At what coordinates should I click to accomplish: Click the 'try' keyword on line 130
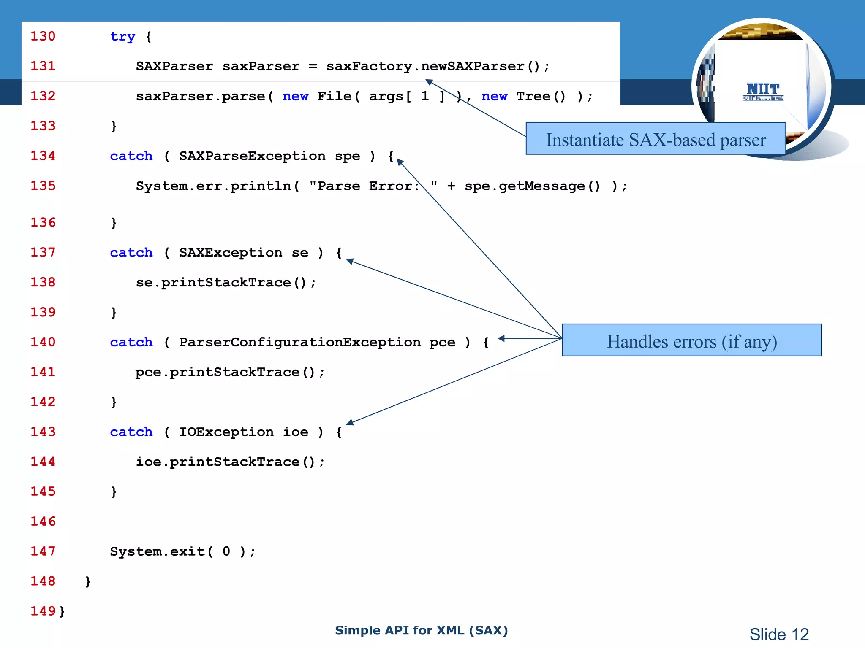[122, 37]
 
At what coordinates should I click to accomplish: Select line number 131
[43, 66]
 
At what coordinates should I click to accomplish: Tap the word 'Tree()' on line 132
[541, 96]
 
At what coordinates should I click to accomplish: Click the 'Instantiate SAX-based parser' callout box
[655, 139]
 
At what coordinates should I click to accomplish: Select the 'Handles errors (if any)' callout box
[691, 340]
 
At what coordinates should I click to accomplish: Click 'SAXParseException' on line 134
[252, 156]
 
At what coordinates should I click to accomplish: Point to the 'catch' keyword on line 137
[131, 253]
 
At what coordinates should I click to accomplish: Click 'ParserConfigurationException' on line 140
[299, 342]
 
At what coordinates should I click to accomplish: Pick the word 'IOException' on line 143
[226, 432]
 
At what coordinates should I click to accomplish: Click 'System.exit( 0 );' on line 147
[182, 551]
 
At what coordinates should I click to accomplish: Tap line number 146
[43, 521]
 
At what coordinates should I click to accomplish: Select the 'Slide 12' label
[779, 634]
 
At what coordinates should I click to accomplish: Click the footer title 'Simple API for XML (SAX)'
[421, 631]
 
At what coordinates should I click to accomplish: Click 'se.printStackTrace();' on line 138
[226, 283]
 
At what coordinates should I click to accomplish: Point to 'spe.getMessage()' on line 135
[532, 186]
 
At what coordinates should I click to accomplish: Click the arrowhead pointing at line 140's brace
[501, 338]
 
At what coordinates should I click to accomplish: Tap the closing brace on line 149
[62, 611]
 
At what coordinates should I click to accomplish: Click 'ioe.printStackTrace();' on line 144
[230, 462]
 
